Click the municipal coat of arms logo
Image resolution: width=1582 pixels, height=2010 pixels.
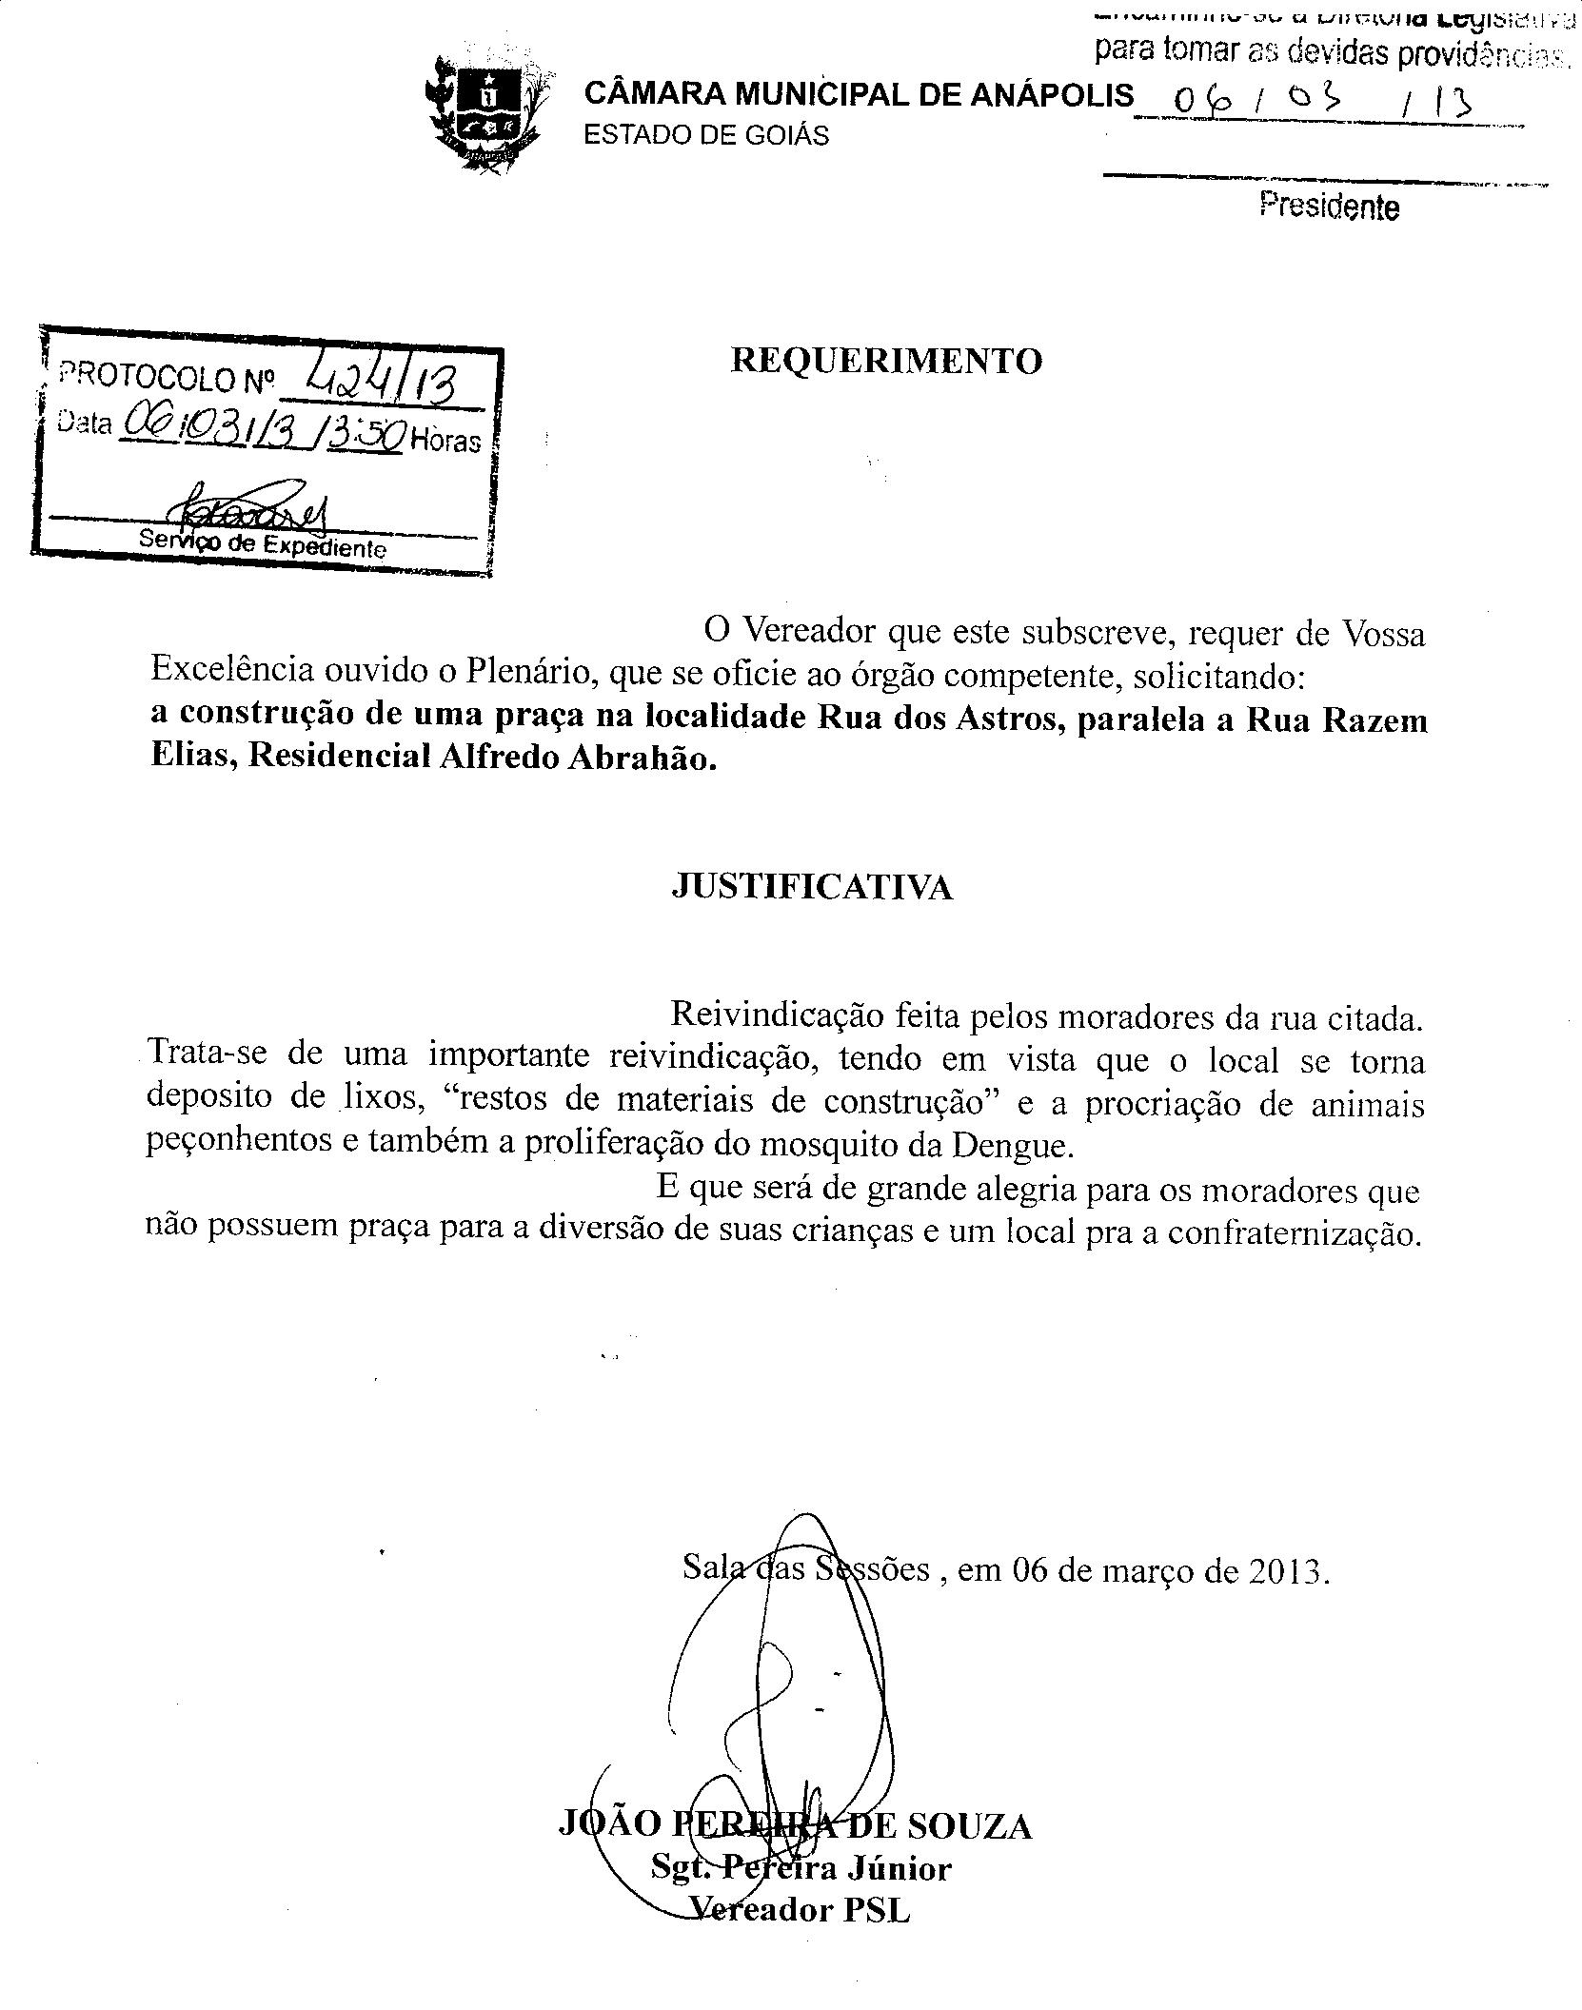(486, 113)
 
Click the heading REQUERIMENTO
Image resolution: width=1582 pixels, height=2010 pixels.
(885, 361)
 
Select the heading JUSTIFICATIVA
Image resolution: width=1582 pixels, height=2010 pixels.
(812, 887)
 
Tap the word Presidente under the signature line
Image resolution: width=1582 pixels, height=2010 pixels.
(1329, 206)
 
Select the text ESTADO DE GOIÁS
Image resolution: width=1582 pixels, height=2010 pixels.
(705, 136)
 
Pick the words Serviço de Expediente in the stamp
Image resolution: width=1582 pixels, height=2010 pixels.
(263, 545)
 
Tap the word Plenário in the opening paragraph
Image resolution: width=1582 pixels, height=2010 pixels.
(529, 675)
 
